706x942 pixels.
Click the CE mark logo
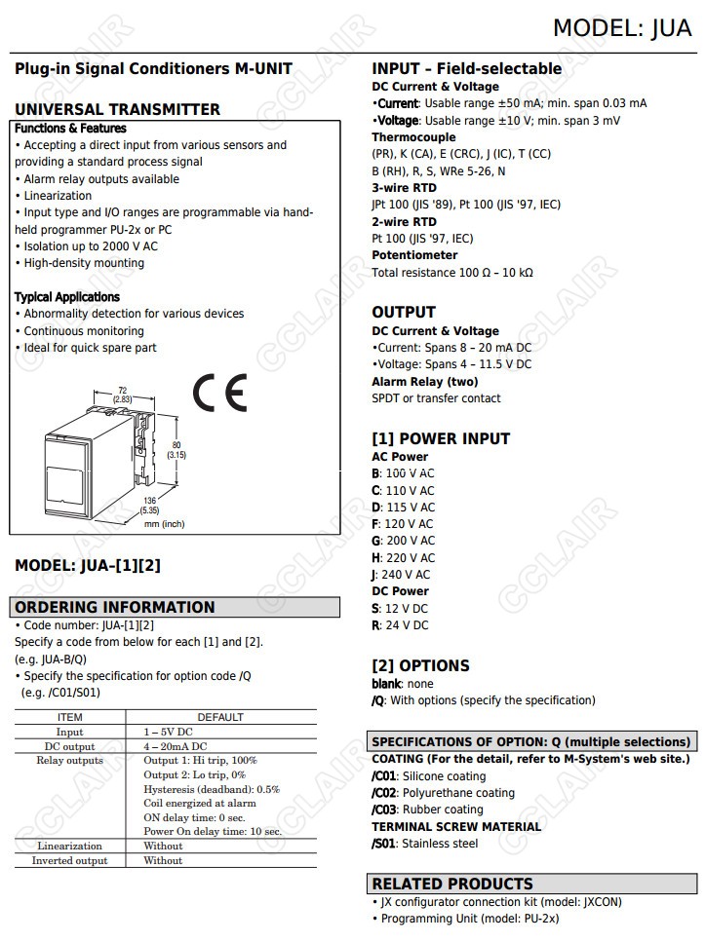click(219, 393)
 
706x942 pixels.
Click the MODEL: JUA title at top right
click(622, 28)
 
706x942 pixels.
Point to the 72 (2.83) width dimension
click(122, 395)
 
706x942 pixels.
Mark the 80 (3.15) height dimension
click(176, 450)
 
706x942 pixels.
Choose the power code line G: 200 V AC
click(404, 541)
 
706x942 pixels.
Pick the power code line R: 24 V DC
click(400, 625)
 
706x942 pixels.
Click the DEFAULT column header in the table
click(220, 717)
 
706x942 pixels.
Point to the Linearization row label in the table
click(69, 847)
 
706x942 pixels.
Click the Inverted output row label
click(69, 861)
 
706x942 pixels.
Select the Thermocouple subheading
click(413, 137)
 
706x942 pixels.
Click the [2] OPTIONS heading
click(420, 666)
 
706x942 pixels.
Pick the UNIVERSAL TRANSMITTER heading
click(117, 110)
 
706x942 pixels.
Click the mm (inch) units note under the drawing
click(164, 524)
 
